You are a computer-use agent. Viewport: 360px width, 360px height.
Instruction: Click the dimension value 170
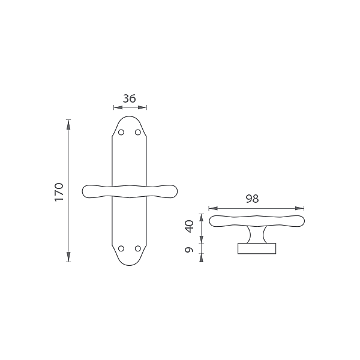pyautogui.click(x=59, y=192)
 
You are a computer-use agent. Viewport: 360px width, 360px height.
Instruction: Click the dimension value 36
pyautogui.click(x=129, y=98)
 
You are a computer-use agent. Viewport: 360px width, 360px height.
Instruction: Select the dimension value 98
pyautogui.click(x=253, y=199)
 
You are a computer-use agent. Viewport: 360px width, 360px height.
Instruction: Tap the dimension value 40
pyautogui.click(x=190, y=226)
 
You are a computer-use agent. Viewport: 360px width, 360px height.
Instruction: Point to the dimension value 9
pyautogui.click(x=189, y=250)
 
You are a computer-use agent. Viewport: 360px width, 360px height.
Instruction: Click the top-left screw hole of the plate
pyautogui.click(x=121, y=132)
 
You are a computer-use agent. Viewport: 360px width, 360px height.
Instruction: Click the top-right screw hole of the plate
pyautogui.click(x=138, y=132)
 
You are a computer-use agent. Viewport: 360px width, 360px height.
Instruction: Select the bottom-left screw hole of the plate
pyautogui.click(x=121, y=248)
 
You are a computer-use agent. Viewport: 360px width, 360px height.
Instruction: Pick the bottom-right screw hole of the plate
pyautogui.click(x=138, y=248)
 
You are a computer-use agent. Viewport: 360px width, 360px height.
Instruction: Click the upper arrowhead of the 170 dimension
pyautogui.click(x=68, y=125)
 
